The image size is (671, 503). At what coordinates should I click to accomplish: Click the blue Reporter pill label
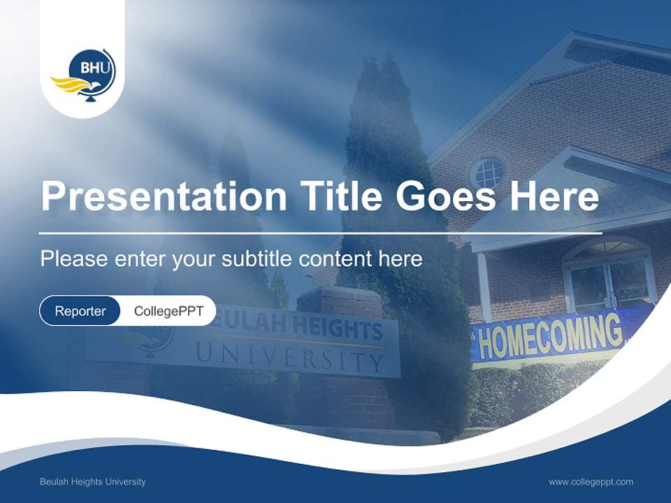coord(80,311)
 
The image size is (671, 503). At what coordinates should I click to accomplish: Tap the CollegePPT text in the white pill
coord(168,311)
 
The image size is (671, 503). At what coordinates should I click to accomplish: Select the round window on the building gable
coord(488,173)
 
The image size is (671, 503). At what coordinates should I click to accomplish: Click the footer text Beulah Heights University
coord(93,482)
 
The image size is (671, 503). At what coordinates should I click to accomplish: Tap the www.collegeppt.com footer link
coord(591,482)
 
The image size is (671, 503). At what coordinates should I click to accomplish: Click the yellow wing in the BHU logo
coord(68,86)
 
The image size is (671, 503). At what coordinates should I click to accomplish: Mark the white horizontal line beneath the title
coord(320,233)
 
